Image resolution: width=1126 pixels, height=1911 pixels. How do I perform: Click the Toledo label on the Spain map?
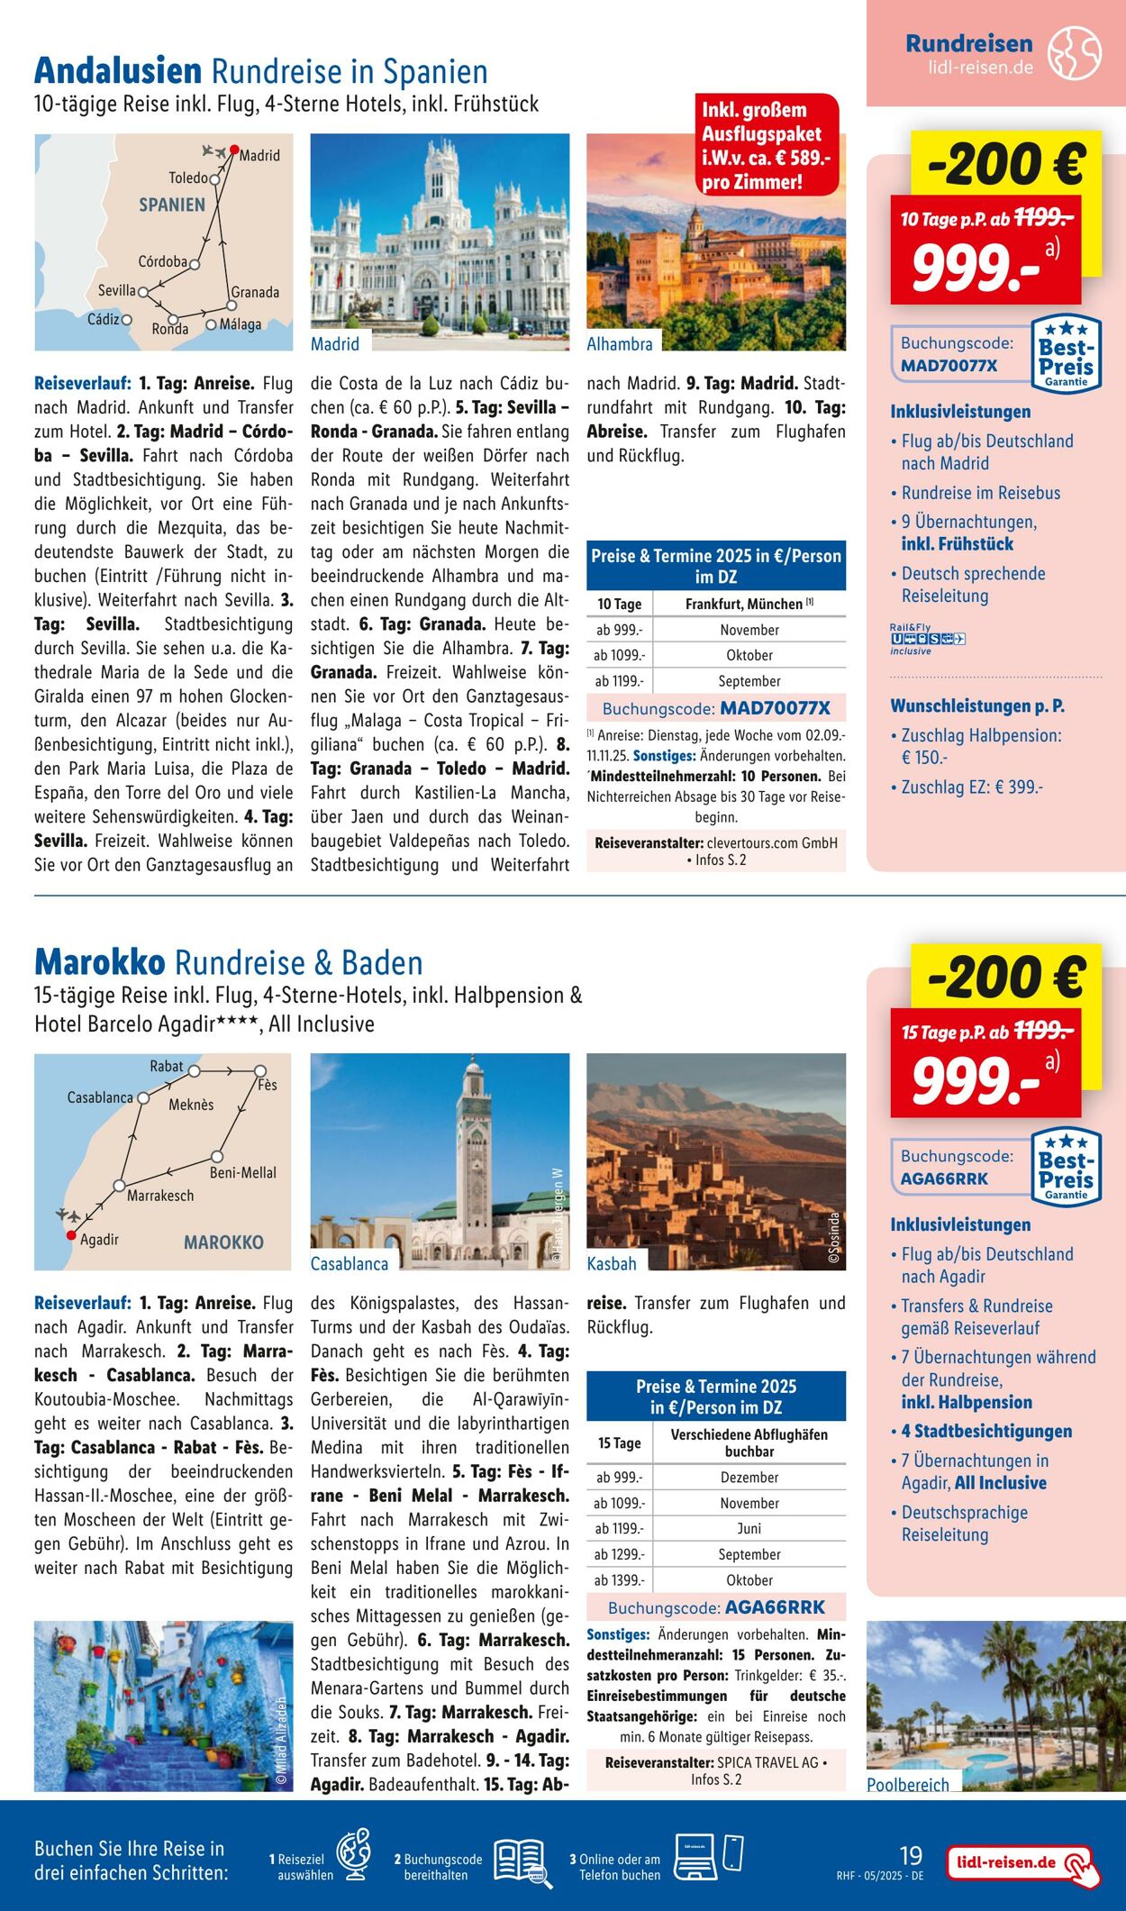click(187, 178)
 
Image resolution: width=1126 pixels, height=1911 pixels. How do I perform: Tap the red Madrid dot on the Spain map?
click(233, 150)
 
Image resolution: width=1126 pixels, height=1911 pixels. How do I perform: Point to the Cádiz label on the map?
click(104, 319)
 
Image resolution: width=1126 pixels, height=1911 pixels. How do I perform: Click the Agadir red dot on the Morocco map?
click(71, 1235)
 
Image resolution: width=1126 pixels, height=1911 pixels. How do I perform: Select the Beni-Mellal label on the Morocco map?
click(242, 1172)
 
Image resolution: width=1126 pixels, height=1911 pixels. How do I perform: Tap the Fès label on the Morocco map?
click(268, 1085)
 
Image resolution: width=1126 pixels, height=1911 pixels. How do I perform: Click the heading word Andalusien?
click(117, 71)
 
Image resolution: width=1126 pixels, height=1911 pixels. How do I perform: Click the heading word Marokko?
click(99, 962)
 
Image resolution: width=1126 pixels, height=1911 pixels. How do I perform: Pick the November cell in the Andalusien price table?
click(749, 630)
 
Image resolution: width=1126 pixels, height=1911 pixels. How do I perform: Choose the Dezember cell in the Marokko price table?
click(749, 1478)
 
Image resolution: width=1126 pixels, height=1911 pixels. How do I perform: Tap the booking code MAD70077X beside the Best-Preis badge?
click(949, 367)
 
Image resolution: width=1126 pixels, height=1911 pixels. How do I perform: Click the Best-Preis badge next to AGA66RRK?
click(1067, 1168)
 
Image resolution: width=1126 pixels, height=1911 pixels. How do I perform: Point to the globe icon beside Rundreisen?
click(1074, 53)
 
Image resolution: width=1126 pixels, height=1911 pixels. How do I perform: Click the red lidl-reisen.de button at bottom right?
click(1022, 1863)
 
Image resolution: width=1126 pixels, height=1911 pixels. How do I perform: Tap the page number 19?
click(911, 1855)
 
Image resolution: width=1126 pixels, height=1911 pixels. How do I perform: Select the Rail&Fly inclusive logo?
click(927, 639)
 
